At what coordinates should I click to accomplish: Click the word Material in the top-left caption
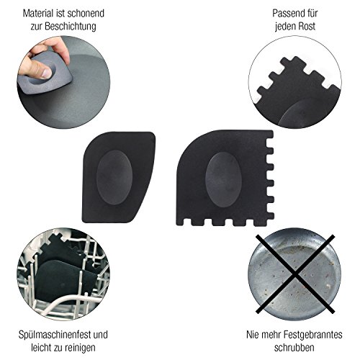[38, 14]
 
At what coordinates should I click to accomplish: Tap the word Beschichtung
[71, 26]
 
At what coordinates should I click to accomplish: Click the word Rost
[306, 26]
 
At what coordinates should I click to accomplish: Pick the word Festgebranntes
[312, 335]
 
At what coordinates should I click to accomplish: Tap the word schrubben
[294, 348]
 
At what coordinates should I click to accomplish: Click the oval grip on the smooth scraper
[114, 178]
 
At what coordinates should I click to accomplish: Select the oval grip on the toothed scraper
[223, 179]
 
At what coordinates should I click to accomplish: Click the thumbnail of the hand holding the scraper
[63, 82]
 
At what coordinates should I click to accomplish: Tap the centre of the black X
[295, 274]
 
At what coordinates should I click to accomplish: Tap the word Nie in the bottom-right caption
[253, 335]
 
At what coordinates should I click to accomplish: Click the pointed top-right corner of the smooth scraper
[153, 134]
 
